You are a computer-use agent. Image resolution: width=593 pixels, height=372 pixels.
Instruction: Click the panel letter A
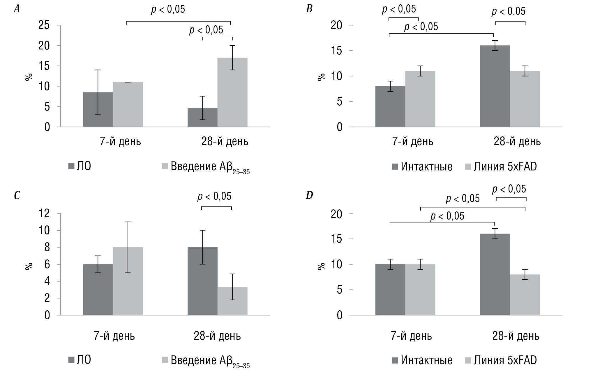coord(17,9)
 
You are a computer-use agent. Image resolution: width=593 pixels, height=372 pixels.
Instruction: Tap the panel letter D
coord(309,195)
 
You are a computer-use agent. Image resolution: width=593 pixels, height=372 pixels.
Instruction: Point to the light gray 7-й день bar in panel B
coord(420,99)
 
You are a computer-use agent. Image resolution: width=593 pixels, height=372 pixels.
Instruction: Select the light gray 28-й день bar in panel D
coord(525,295)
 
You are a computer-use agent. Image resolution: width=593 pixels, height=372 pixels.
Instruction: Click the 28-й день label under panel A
coord(225,142)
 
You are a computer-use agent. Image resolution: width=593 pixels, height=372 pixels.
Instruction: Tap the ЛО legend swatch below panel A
coord(72,166)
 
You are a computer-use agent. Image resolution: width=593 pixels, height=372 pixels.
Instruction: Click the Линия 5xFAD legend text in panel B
coord(505,167)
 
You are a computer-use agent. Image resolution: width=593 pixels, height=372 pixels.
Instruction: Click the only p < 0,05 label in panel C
coord(214,197)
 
